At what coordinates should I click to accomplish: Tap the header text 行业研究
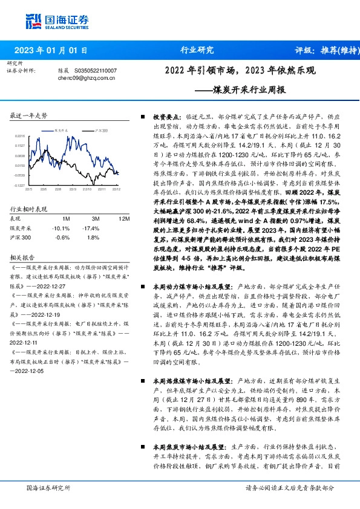click(x=197, y=50)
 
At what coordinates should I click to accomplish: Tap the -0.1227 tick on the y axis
click(x=20, y=185)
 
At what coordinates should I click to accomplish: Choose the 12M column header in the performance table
click(x=123, y=218)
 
